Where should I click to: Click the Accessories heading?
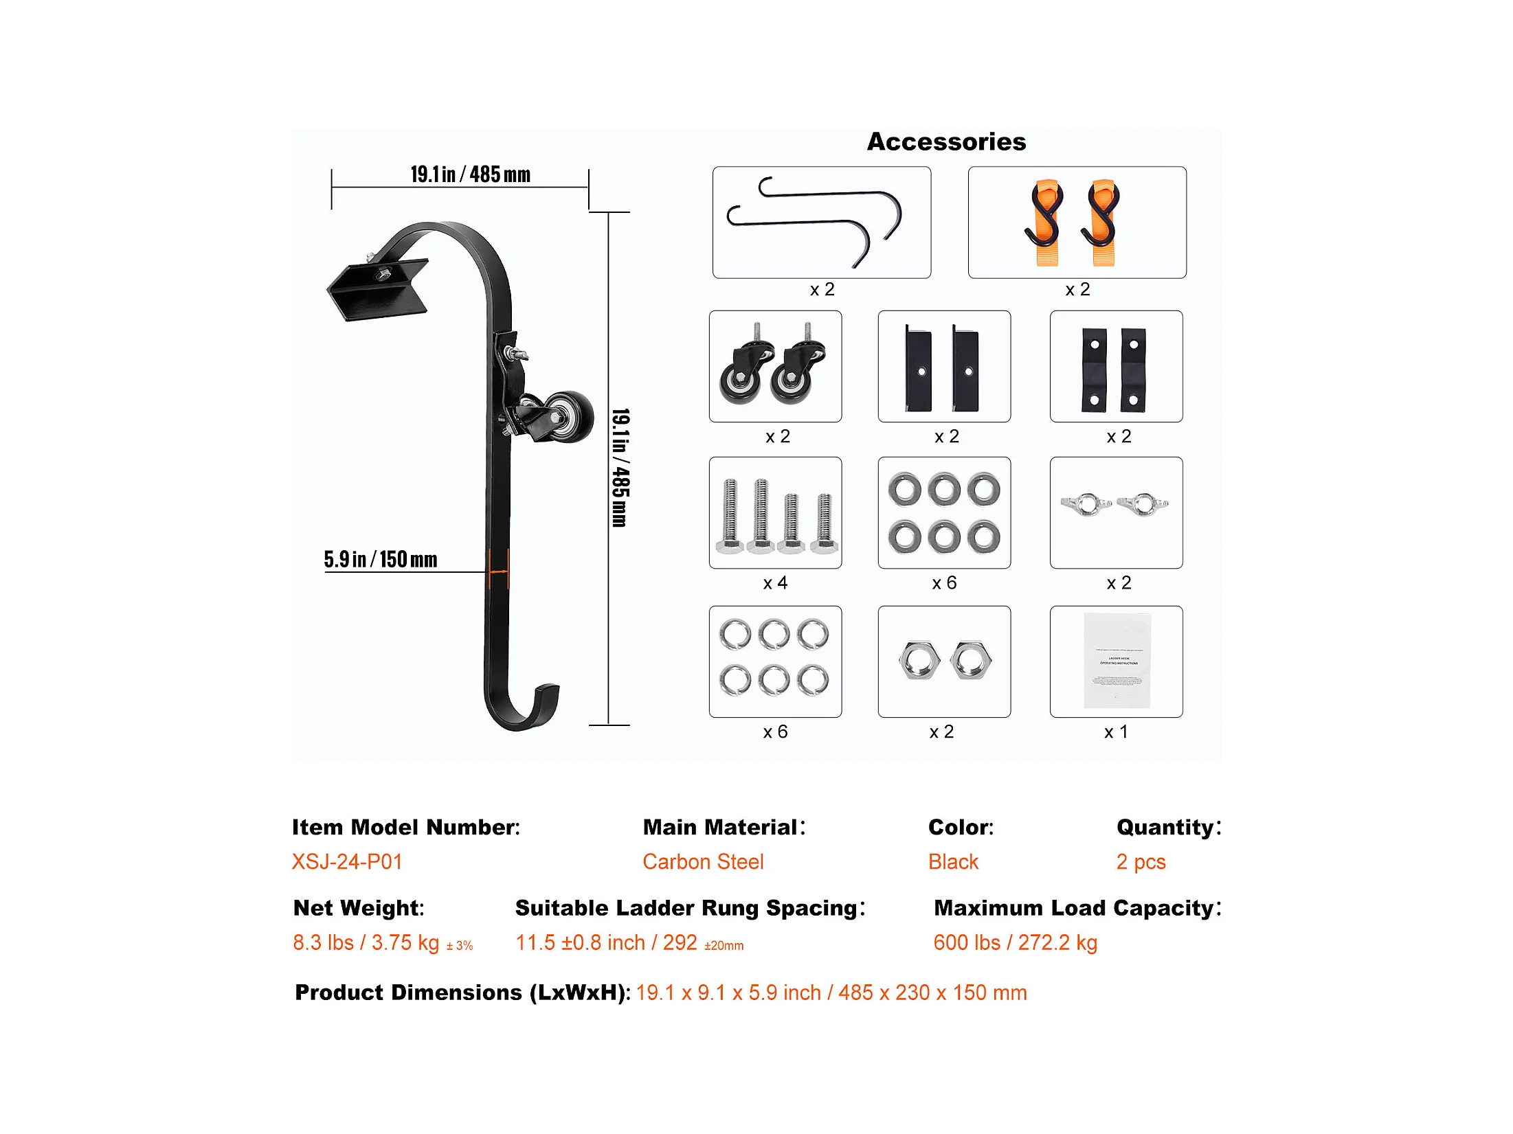pyautogui.click(x=946, y=141)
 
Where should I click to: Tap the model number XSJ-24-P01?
pyautogui.click(x=347, y=861)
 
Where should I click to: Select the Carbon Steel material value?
pyautogui.click(x=703, y=861)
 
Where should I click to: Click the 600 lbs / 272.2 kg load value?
pyautogui.click(x=1015, y=942)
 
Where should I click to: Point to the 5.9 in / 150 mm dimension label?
pyautogui.click(x=381, y=559)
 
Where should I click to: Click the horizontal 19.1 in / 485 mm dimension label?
pyautogui.click(x=470, y=174)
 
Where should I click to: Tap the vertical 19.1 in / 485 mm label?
pyautogui.click(x=620, y=468)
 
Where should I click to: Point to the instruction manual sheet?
pyautogui.click(x=1117, y=661)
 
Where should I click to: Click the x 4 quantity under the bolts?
pyautogui.click(x=775, y=583)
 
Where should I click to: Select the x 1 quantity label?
pyautogui.click(x=1116, y=732)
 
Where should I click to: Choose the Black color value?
pyautogui.click(x=953, y=861)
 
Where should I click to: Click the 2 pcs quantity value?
pyautogui.click(x=1141, y=861)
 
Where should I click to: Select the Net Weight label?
pyautogui.click(x=359, y=908)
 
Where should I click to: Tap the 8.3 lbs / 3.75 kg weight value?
pyautogui.click(x=366, y=942)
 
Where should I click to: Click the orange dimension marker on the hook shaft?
pyautogui.click(x=499, y=570)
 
